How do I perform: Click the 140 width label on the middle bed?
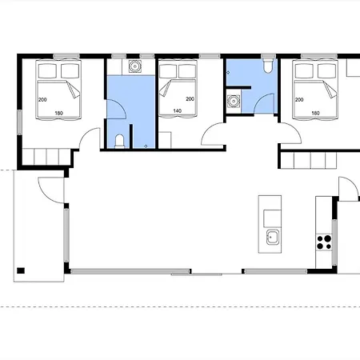[x=177, y=110]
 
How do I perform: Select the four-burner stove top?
[x=324, y=242]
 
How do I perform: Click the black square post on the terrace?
[x=21, y=270]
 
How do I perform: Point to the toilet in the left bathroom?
[x=120, y=141]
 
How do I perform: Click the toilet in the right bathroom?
[x=268, y=66]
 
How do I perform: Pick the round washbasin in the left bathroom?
[x=134, y=66]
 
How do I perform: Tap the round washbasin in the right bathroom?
[x=234, y=102]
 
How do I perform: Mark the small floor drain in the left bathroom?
[x=146, y=146]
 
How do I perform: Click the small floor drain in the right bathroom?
[x=228, y=73]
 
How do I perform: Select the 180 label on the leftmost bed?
[x=58, y=113]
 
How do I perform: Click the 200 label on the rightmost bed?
[x=299, y=100]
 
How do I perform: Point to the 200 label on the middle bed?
[x=190, y=99]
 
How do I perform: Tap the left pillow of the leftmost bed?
[x=47, y=70]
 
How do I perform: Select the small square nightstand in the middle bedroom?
[x=165, y=140]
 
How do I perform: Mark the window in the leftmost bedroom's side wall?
[x=19, y=122]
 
